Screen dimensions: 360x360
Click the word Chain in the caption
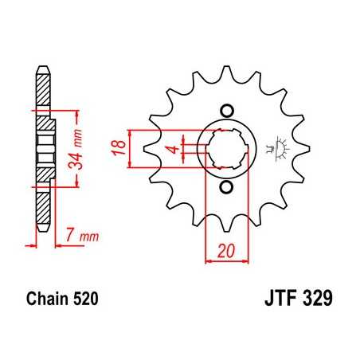[x=45, y=300]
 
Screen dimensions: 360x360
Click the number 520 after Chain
[x=85, y=300]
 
